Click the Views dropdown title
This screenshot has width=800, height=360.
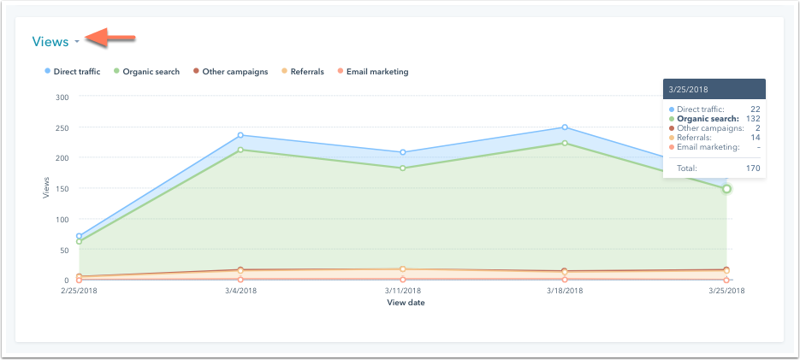[50, 41]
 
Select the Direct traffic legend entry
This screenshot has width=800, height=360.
[77, 72]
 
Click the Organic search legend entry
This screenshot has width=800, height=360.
[151, 72]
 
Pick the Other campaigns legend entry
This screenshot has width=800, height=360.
[235, 72]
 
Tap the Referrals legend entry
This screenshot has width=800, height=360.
[305, 72]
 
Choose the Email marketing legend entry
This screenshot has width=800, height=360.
[376, 72]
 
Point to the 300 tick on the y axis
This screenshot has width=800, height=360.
[62, 97]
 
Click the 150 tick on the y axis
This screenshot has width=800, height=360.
[62, 188]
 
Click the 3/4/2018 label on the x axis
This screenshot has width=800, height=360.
[240, 292]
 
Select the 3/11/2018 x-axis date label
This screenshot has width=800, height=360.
[403, 292]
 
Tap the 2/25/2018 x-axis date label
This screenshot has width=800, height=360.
[79, 292]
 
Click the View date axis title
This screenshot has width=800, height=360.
[406, 303]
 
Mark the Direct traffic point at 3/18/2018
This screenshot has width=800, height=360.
[565, 127]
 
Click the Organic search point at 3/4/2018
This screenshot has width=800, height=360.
[240, 150]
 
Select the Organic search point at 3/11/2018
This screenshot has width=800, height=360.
[403, 168]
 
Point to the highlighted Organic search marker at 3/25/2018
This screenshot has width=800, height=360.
[726, 189]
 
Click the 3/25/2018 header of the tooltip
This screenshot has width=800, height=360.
[690, 90]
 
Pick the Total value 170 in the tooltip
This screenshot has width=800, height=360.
[753, 168]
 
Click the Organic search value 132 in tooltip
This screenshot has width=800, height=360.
[753, 119]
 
